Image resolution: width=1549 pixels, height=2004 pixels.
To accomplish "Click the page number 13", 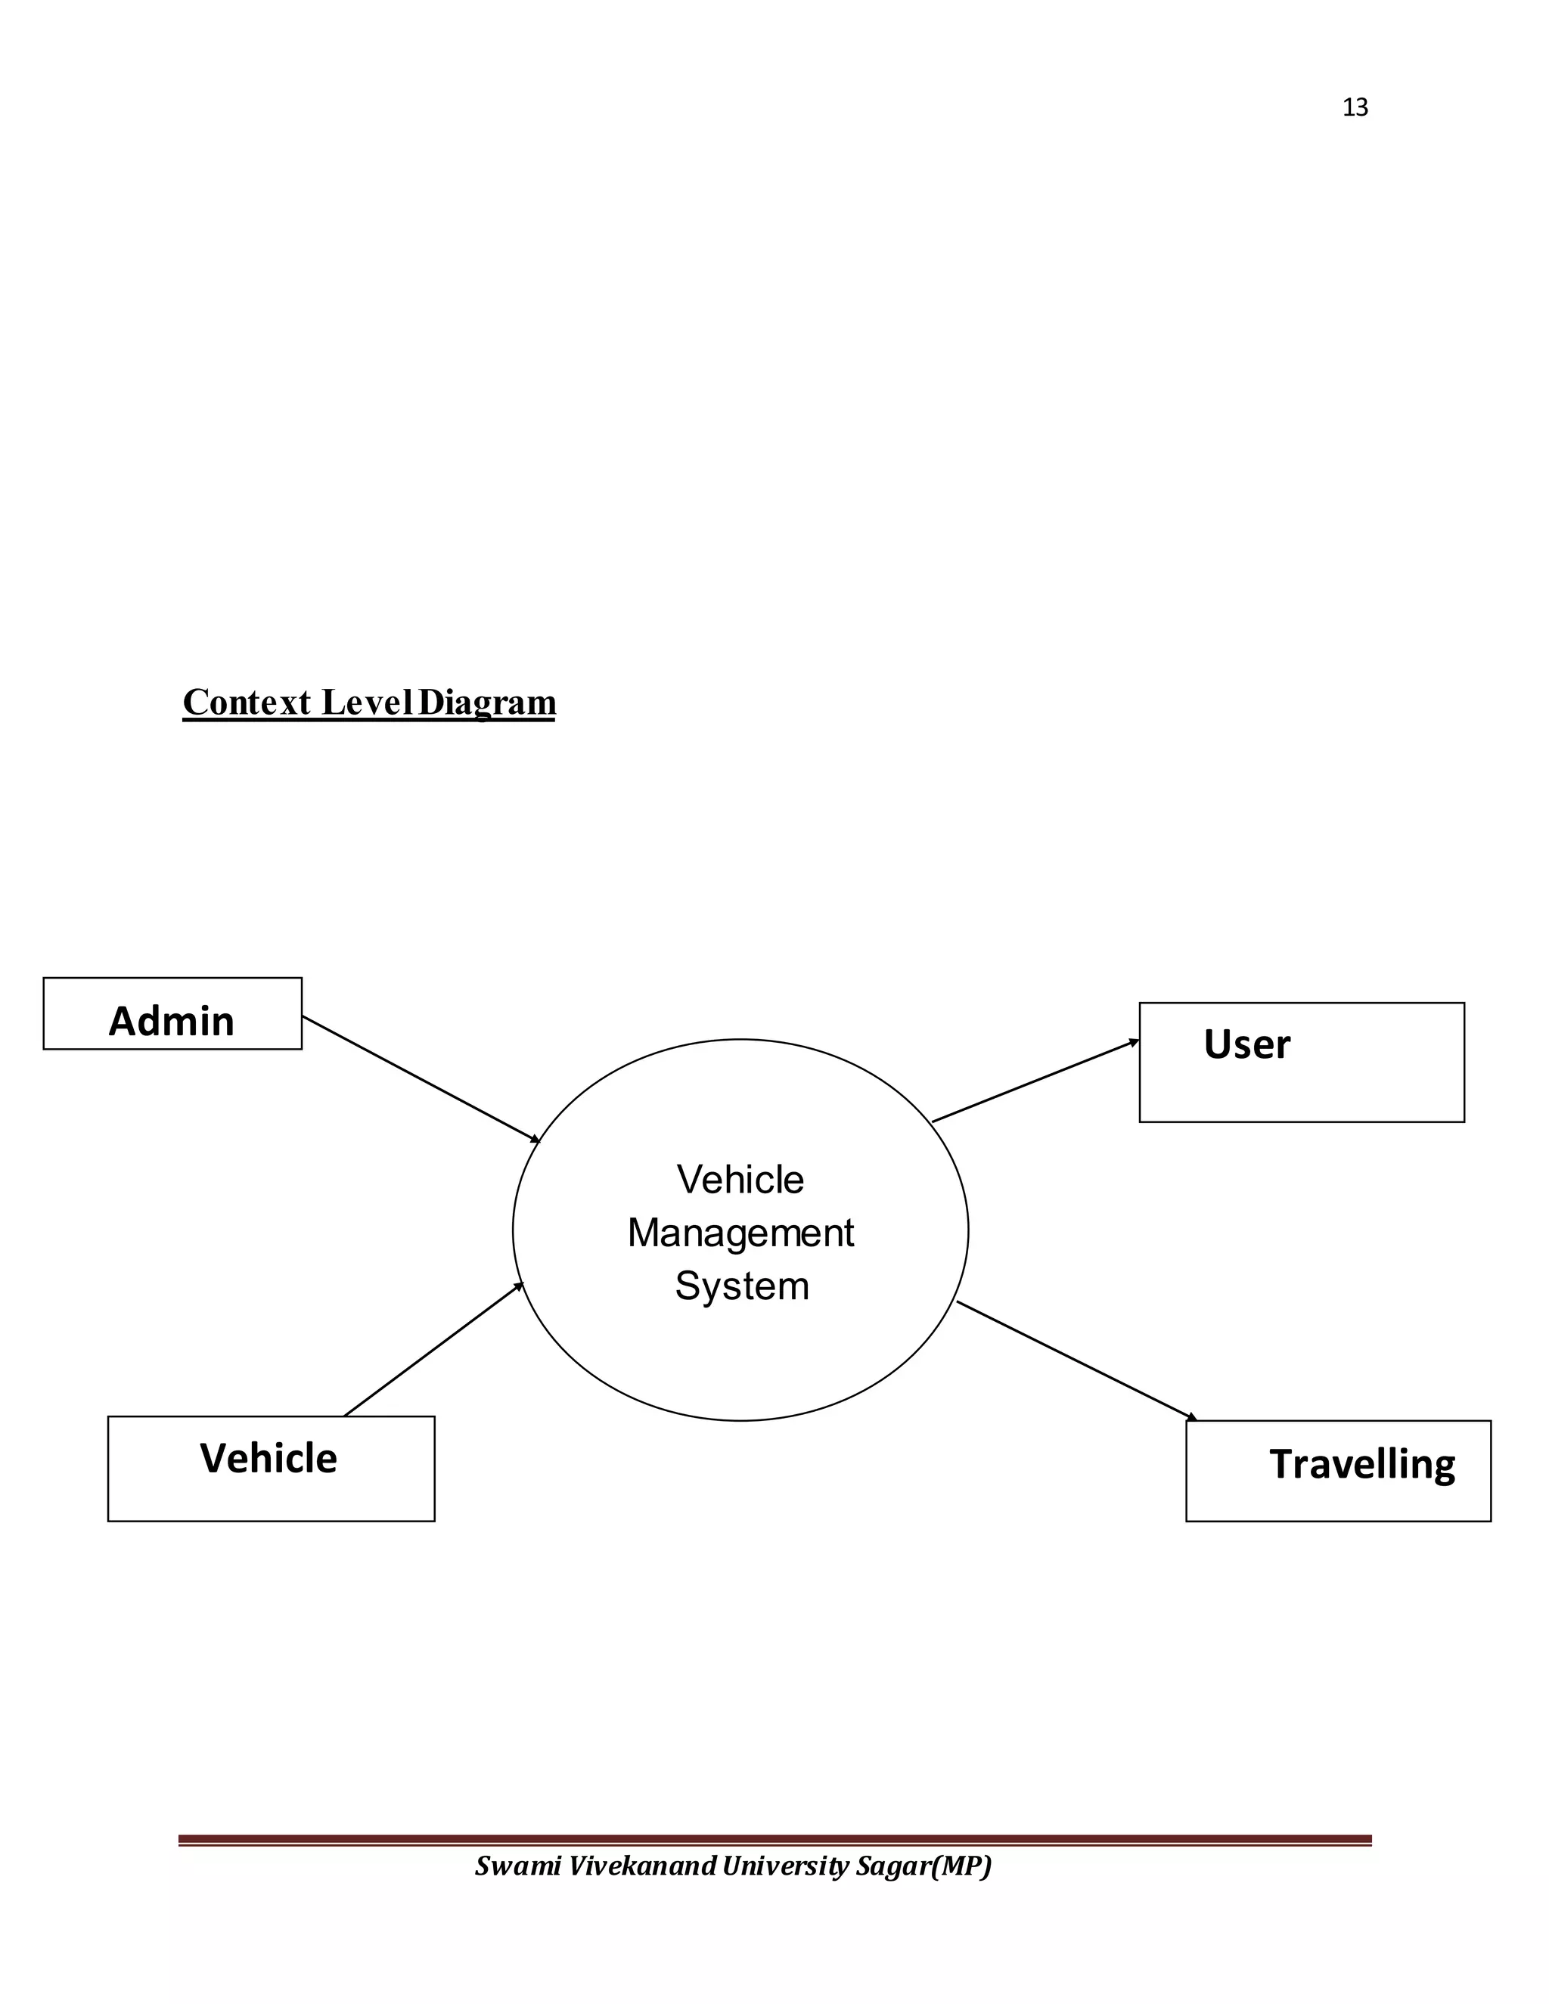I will [x=1355, y=108].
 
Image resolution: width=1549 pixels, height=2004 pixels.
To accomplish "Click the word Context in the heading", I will [x=247, y=703].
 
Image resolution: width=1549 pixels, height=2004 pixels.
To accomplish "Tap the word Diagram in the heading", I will [x=486, y=703].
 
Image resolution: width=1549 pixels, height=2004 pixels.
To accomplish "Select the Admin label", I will [x=172, y=1021].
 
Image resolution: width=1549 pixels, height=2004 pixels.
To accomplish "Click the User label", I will [x=1246, y=1044].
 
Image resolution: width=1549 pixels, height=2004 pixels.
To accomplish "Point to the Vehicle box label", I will [x=269, y=1458].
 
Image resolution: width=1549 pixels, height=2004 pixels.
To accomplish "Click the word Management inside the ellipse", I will [x=740, y=1233].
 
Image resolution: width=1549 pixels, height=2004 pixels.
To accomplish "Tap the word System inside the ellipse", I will [x=741, y=1286].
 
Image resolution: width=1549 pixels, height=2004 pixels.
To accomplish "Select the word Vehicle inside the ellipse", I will [x=740, y=1180].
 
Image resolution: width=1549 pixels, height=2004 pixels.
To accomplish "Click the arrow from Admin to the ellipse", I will [x=421, y=1079].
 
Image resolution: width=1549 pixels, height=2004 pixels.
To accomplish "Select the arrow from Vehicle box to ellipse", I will [x=433, y=1350].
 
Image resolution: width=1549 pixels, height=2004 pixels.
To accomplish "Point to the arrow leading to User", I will [x=1035, y=1081].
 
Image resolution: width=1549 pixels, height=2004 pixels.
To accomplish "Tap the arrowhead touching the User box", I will [x=1135, y=1042].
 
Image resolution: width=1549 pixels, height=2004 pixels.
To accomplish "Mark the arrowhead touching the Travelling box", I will [x=1191, y=1418].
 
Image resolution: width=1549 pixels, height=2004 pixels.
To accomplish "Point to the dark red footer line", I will [x=774, y=1840].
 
